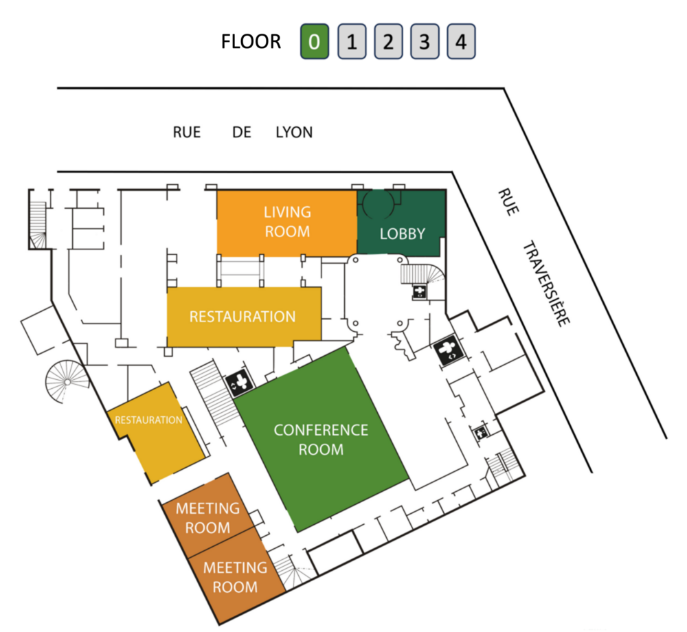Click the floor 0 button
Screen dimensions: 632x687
(x=314, y=42)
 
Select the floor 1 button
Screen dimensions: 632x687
(x=351, y=42)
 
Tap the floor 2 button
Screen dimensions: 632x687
(x=388, y=42)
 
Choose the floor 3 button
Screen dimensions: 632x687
(x=425, y=42)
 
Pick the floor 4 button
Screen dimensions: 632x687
(x=461, y=42)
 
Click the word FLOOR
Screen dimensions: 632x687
(x=251, y=42)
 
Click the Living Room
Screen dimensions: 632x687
(x=286, y=222)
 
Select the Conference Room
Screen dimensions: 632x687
(x=321, y=439)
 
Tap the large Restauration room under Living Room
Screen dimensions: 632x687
(x=243, y=317)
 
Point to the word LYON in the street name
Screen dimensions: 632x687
(x=293, y=132)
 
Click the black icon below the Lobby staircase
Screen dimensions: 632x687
(x=418, y=292)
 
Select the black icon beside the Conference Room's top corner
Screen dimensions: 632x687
(x=240, y=382)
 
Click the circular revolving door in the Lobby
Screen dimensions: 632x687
(x=378, y=201)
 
